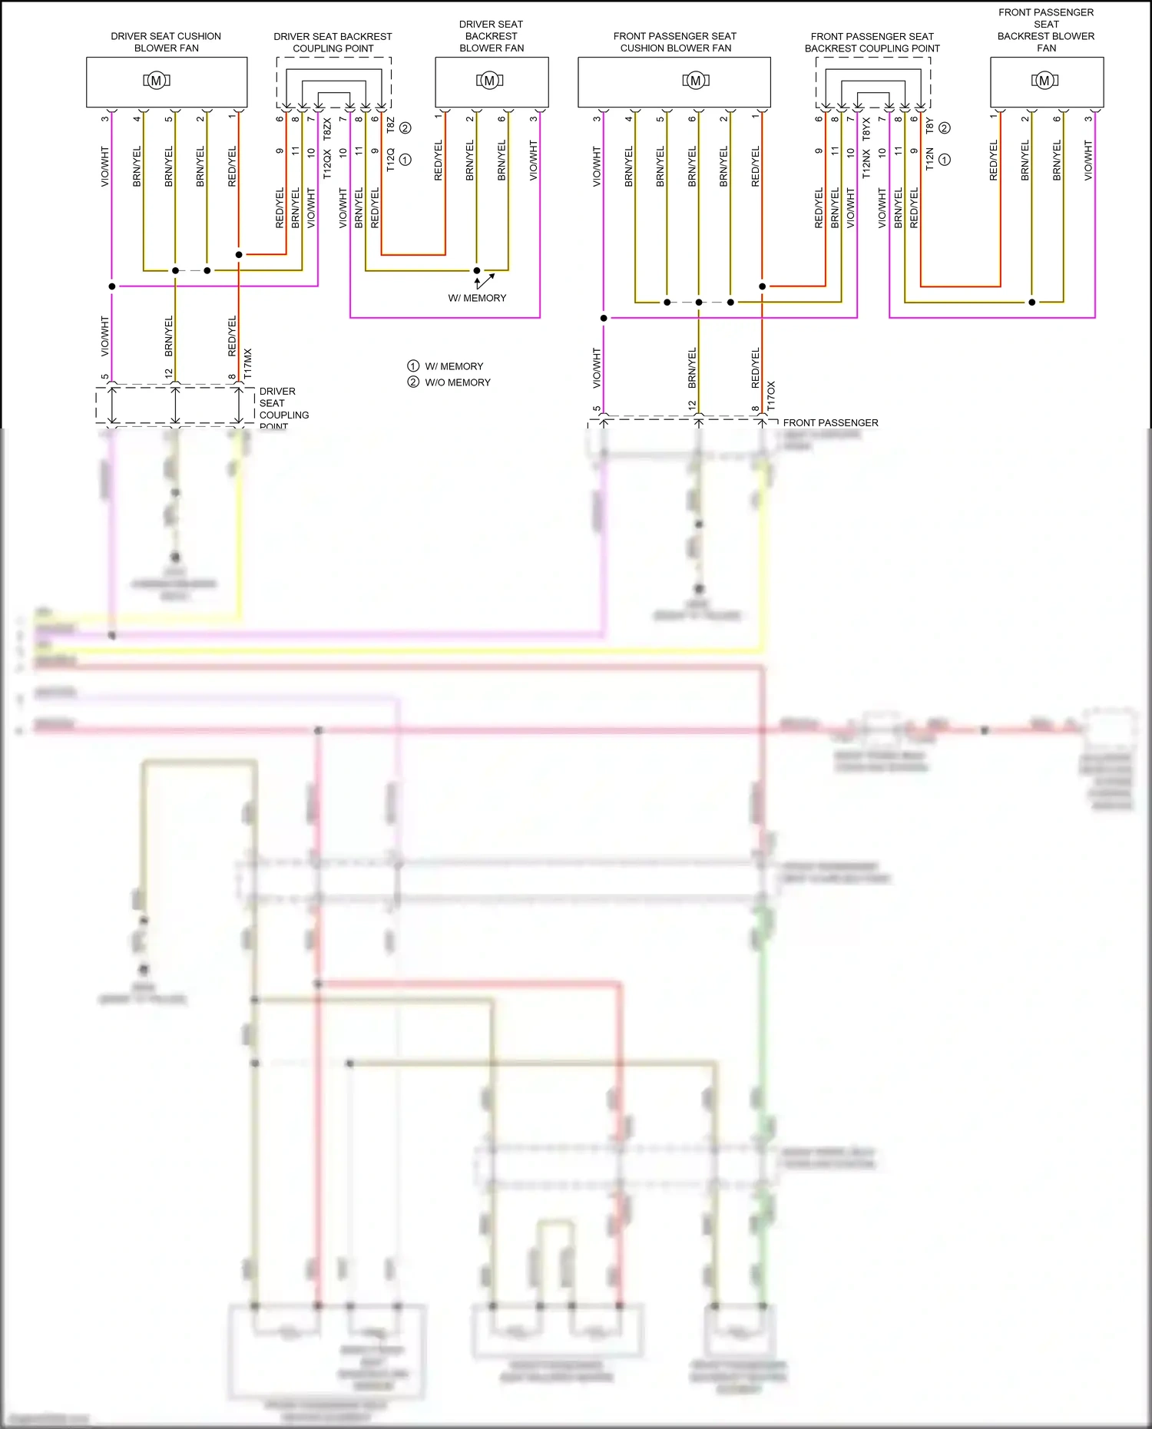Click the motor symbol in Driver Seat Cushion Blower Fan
tap(157, 81)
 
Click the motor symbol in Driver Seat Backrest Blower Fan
tap(490, 81)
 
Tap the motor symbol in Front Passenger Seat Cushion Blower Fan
tap(696, 81)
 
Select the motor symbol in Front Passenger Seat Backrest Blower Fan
tap(1044, 81)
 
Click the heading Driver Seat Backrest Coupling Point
tap(333, 42)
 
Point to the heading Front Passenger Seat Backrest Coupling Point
tap(872, 42)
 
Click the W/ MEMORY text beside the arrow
tap(477, 298)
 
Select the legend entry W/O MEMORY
tap(457, 382)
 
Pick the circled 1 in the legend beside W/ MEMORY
tap(413, 366)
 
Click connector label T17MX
tap(247, 363)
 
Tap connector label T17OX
tap(771, 395)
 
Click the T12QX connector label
tap(327, 164)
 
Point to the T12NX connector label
tap(866, 164)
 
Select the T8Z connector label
tap(390, 124)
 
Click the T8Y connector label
tap(929, 124)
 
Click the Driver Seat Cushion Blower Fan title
tap(166, 42)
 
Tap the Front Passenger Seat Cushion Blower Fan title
tap(675, 42)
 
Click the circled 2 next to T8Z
tap(406, 128)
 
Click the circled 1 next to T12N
tap(945, 160)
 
